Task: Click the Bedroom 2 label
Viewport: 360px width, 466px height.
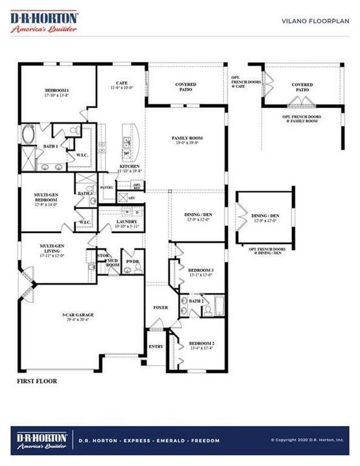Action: (x=201, y=345)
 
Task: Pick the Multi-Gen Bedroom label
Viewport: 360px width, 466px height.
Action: (x=49, y=199)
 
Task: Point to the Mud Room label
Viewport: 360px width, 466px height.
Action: (x=113, y=263)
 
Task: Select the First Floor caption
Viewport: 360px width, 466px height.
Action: (x=37, y=381)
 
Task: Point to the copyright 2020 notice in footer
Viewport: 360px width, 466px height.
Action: (x=307, y=441)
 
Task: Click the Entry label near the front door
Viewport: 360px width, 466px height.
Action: (x=156, y=347)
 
